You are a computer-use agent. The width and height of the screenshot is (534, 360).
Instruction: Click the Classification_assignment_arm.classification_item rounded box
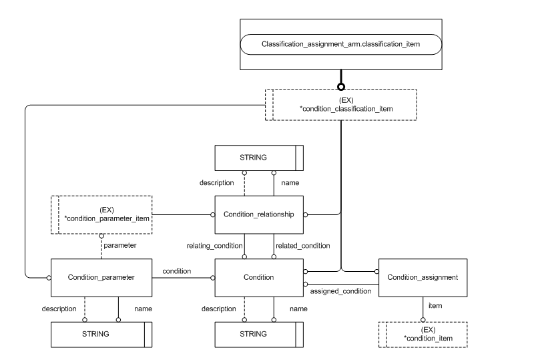coord(340,45)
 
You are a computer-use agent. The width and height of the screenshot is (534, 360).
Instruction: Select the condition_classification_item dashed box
coord(340,105)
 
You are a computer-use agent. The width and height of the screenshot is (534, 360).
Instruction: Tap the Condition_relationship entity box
coord(259,214)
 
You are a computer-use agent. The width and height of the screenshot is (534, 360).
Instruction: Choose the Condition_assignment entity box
coord(423,277)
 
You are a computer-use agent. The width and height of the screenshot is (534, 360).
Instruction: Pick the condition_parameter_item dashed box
coord(101,214)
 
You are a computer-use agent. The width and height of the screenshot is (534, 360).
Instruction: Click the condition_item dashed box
coord(423,335)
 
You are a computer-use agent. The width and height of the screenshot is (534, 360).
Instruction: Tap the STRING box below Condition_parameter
coord(101,333)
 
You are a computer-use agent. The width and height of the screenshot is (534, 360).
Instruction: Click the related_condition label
coord(302,246)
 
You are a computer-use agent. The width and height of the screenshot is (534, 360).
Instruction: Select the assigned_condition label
coord(340,292)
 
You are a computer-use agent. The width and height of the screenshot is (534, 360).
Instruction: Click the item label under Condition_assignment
coord(435,305)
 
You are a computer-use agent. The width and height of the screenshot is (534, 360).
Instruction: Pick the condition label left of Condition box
coord(177,271)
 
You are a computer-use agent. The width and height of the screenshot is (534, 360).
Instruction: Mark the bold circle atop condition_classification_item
coord(340,87)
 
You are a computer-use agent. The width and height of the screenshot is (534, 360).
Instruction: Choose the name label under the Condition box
coord(298,309)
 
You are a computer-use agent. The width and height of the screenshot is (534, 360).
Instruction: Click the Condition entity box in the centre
coord(259,277)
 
